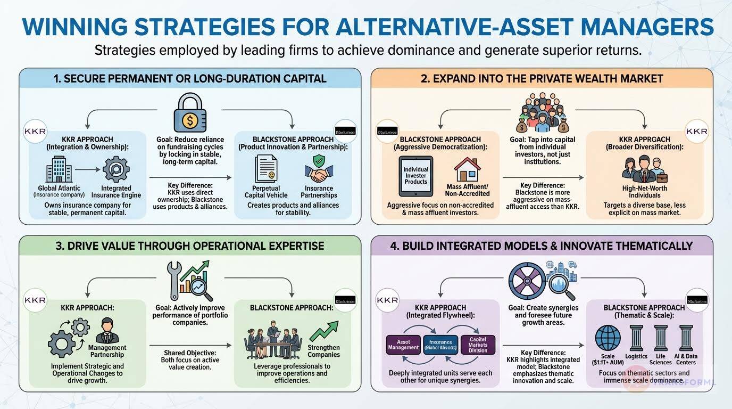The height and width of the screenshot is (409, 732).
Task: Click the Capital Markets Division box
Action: (478, 344)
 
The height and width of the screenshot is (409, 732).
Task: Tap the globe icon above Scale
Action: (608, 338)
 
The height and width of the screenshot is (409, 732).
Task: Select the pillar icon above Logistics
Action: (636, 338)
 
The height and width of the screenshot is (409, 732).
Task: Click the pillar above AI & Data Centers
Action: (686, 338)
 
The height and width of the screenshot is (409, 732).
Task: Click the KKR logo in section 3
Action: (35, 300)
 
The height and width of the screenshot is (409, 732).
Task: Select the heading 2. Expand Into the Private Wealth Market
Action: (542, 78)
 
